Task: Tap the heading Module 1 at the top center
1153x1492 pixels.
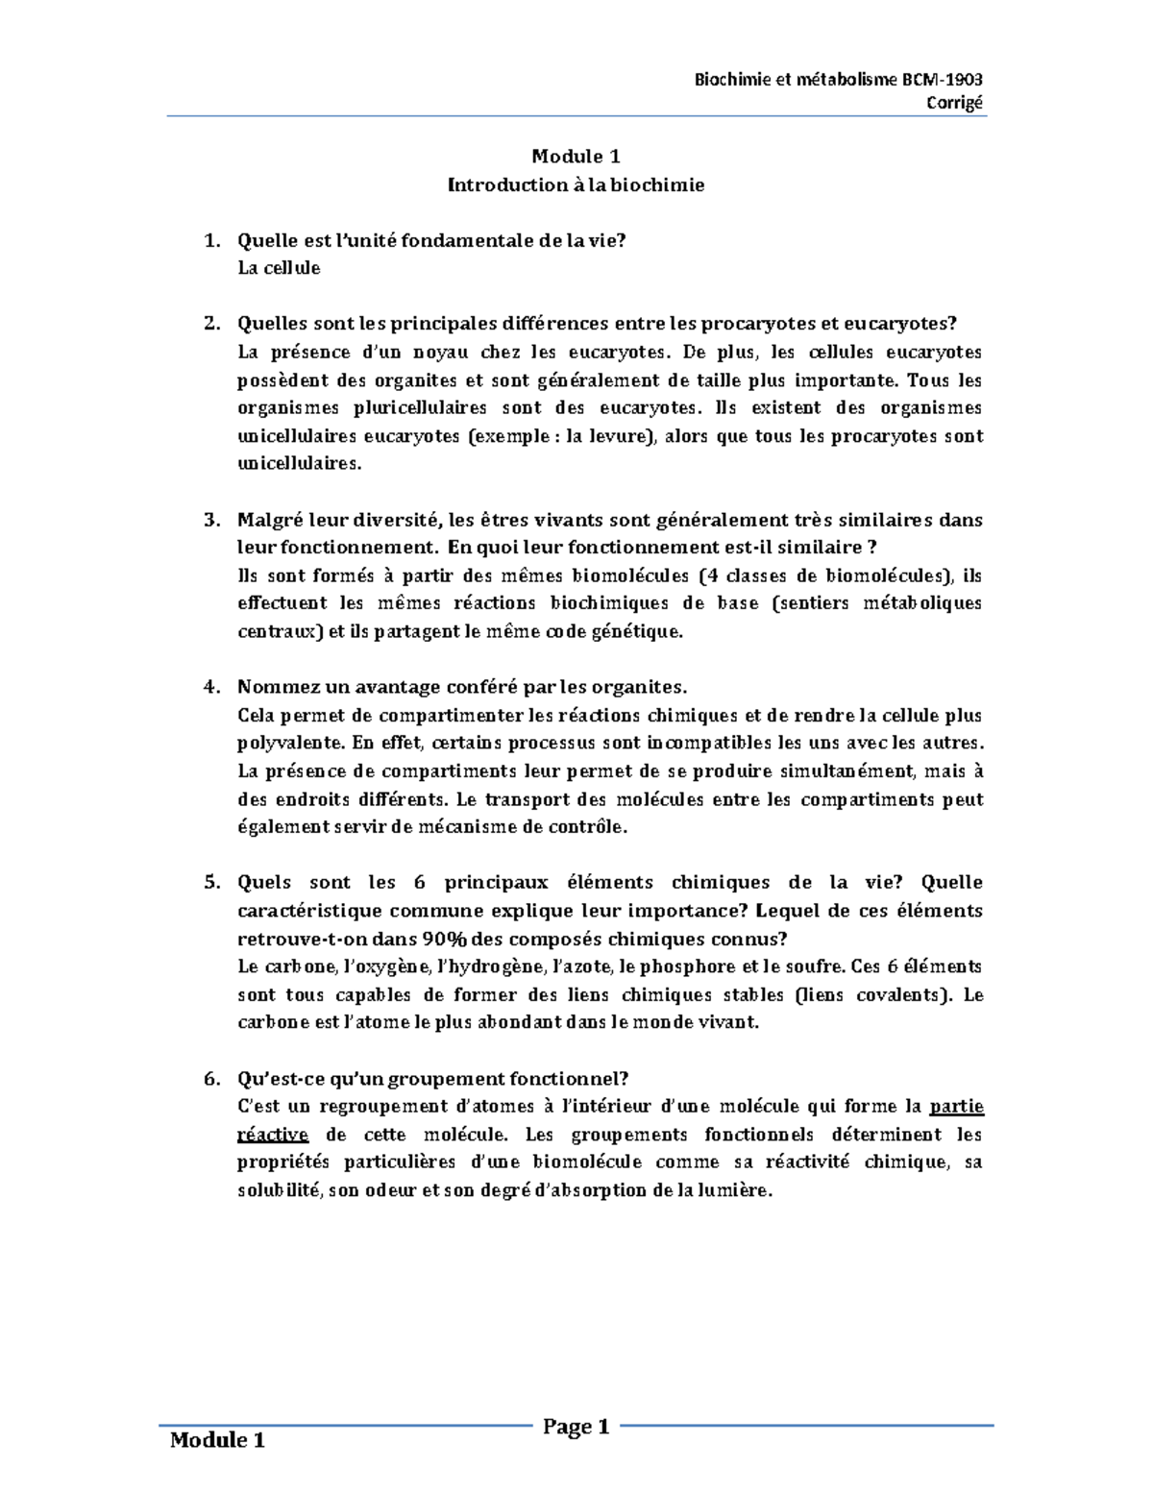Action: pos(576,157)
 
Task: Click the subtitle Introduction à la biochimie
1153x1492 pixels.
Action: pos(576,184)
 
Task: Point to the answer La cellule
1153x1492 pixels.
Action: pos(279,268)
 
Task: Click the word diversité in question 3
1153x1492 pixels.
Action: pos(391,521)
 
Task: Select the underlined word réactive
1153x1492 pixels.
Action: pos(273,1135)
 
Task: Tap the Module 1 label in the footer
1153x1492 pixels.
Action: pos(217,1440)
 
